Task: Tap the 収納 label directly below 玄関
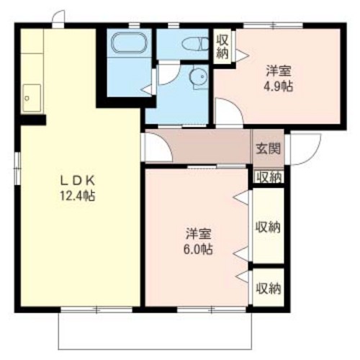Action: coord(268,177)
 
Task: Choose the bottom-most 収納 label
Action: coord(268,289)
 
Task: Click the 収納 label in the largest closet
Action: coord(268,228)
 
